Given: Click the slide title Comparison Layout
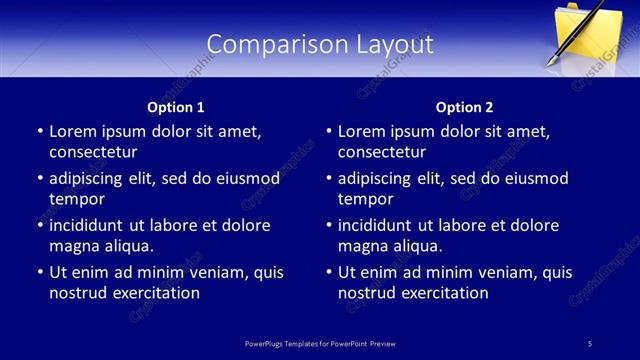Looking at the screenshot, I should pos(320,45).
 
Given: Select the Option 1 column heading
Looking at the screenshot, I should pos(176,107).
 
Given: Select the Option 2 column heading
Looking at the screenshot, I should pos(464,107).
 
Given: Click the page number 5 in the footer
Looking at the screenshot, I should pos(590,344).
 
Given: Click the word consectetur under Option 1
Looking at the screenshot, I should pos(93,152).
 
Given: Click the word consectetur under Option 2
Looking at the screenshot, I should pos(382,152).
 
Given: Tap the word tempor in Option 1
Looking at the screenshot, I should pos(77,199).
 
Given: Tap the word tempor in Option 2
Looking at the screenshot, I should pos(366,199).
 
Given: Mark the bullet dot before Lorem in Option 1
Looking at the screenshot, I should pos(40,131).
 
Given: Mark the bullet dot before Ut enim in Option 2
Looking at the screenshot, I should pos(329,272).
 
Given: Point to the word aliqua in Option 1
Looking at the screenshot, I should pos(125,246).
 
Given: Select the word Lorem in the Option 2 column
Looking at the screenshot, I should pos(361,131).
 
